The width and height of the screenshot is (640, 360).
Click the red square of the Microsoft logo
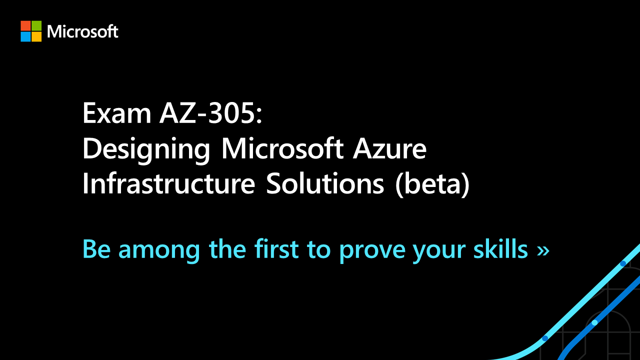pyautogui.click(x=25, y=25)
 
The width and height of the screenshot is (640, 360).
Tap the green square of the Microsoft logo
pyautogui.click(x=36, y=25)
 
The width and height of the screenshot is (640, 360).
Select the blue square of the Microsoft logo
pyautogui.click(x=25, y=36)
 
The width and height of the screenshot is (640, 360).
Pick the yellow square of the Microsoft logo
pyautogui.click(x=36, y=36)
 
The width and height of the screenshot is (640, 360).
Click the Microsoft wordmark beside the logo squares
pyautogui.click(x=82, y=31)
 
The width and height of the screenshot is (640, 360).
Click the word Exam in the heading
pyautogui.click(x=116, y=113)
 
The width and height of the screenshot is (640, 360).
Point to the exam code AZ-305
pyautogui.click(x=207, y=113)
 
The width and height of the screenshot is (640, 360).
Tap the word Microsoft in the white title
pyautogui.click(x=282, y=148)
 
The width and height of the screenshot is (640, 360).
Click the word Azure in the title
pyautogui.click(x=389, y=149)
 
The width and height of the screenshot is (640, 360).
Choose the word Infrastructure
pyautogui.click(x=168, y=183)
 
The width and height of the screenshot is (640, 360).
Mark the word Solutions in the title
pyautogui.click(x=325, y=183)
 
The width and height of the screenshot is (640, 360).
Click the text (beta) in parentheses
pyautogui.click(x=432, y=184)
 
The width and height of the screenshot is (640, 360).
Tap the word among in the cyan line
pyautogui.click(x=159, y=251)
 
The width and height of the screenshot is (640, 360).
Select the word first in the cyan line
pyautogui.click(x=276, y=249)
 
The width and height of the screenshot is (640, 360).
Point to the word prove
pyautogui.click(x=372, y=251)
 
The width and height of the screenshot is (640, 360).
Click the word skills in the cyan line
pyautogui.click(x=500, y=249)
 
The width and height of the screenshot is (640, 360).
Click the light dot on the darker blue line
pyautogui.click(x=594, y=322)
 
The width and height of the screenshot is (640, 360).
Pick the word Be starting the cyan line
pyautogui.click(x=96, y=249)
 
